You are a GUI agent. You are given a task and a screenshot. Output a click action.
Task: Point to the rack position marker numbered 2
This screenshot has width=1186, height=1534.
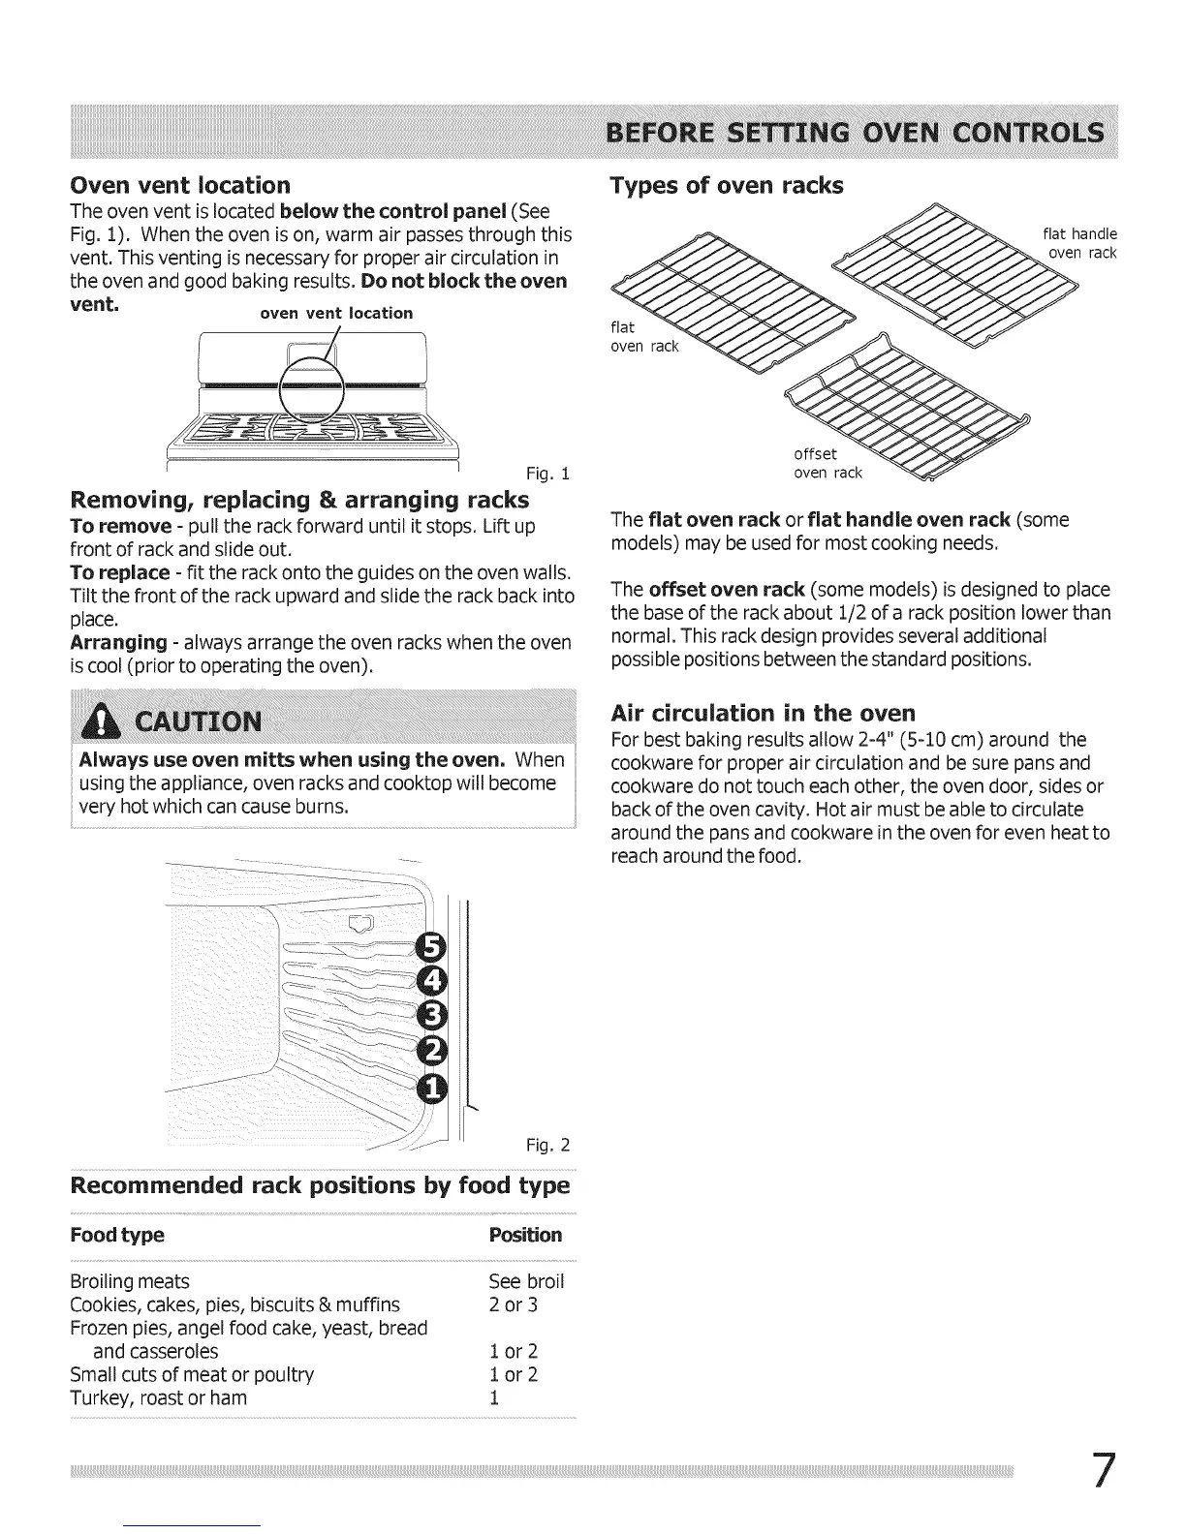tap(431, 1050)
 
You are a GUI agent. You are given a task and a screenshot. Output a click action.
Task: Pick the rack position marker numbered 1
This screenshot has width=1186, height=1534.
tap(431, 1088)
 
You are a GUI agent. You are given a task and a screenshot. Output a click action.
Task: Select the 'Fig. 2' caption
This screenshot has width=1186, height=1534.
tap(547, 1146)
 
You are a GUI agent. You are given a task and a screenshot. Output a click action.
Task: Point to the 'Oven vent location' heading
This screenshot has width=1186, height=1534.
tap(180, 185)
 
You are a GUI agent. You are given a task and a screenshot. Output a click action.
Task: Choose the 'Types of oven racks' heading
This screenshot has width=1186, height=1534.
tap(727, 185)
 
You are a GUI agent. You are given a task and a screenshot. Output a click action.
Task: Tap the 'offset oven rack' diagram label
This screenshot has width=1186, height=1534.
tap(827, 464)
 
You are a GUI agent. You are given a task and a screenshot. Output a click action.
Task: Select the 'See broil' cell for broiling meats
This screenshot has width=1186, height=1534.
tap(526, 1281)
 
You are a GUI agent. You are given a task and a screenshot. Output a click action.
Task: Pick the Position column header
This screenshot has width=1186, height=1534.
tap(525, 1235)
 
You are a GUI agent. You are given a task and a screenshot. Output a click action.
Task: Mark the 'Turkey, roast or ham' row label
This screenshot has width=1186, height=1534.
tap(159, 1397)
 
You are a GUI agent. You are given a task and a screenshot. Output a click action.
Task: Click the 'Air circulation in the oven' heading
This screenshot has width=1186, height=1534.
tap(763, 714)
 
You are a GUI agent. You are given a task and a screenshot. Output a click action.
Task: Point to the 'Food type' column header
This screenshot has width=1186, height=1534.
tap(117, 1235)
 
